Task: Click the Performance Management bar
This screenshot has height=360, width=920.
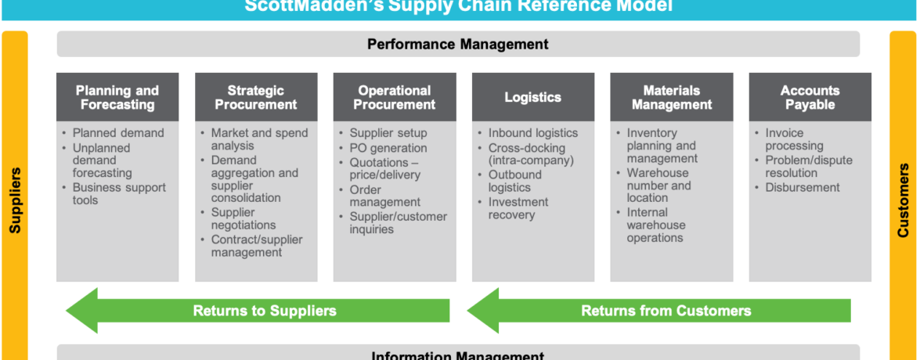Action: [458, 44]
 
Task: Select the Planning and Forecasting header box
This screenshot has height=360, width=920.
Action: [117, 97]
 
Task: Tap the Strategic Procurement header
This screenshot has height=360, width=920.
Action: [256, 97]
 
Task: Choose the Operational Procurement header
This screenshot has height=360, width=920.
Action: [395, 97]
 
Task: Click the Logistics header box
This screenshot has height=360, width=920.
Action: [532, 97]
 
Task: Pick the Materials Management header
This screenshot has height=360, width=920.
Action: [672, 97]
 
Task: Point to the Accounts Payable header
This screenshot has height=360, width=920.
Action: [810, 97]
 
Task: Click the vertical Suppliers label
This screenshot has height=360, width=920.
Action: [15, 200]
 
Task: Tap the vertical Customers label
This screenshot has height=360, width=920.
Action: [904, 200]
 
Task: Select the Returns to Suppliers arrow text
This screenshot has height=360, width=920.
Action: [265, 311]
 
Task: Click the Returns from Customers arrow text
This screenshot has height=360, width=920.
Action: [666, 311]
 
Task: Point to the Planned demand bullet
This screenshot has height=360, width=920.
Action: [118, 133]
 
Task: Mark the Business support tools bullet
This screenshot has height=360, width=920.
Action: [119, 193]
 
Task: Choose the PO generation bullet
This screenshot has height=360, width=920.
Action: [388, 148]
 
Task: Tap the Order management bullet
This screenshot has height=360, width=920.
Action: [384, 196]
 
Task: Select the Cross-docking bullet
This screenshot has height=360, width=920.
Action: [531, 154]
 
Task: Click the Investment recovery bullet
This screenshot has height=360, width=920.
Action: [518, 208]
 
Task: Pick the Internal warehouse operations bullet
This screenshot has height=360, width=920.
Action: [656, 225]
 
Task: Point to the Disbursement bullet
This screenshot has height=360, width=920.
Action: [803, 187]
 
